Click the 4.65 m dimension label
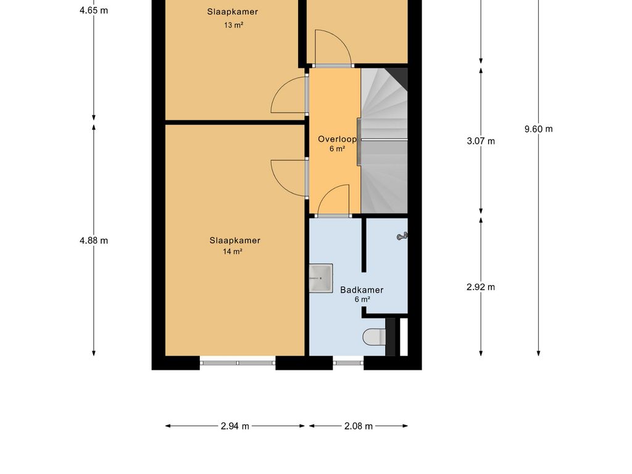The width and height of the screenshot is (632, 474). (x=94, y=10)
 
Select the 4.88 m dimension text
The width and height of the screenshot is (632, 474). (x=94, y=241)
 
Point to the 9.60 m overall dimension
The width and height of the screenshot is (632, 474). (x=538, y=129)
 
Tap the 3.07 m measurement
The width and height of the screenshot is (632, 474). (x=481, y=141)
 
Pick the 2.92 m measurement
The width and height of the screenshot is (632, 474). (x=481, y=286)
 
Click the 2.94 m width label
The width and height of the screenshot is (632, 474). (x=235, y=426)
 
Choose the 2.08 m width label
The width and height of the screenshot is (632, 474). (x=358, y=426)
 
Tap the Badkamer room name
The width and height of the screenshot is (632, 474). (x=362, y=289)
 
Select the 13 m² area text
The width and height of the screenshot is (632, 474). (x=232, y=25)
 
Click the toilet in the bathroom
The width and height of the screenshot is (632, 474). (x=374, y=337)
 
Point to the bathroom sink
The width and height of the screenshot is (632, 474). (x=320, y=278)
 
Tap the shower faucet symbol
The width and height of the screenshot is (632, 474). (x=402, y=236)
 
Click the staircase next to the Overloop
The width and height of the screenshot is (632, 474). (x=384, y=141)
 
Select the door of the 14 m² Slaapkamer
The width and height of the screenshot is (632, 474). (x=289, y=178)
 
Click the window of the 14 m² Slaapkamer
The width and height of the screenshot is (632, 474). (x=238, y=363)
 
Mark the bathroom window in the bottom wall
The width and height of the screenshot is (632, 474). (x=348, y=363)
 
